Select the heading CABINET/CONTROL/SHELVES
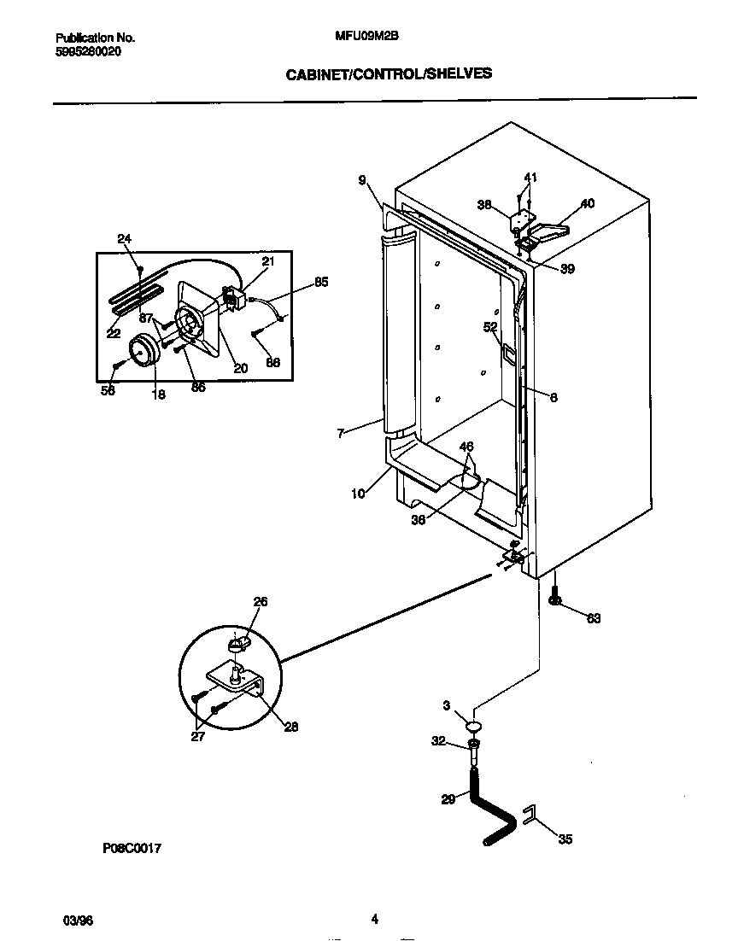pyautogui.click(x=388, y=74)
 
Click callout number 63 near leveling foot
pyautogui.click(x=593, y=618)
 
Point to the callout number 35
pyautogui.click(x=565, y=839)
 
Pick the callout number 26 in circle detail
pyautogui.click(x=260, y=602)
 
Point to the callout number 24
pyautogui.click(x=124, y=239)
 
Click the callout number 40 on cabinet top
pyautogui.click(x=587, y=204)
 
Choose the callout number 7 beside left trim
pyautogui.click(x=340, y=433)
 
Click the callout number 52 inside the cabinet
pyautogui.click(x=489, y=326)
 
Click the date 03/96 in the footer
pyautogui.click(x=77, y=921)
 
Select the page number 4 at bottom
pyautogui.click(x=374, y=919)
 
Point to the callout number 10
pyautogui.click(x=359, y=493)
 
